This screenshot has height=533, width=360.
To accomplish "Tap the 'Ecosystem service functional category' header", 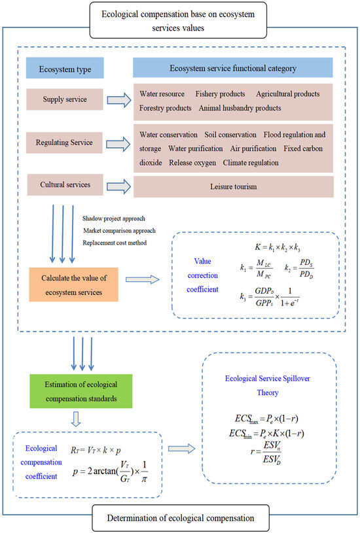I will point(233,67).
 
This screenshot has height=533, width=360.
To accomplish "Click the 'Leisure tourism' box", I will point(233,188).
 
